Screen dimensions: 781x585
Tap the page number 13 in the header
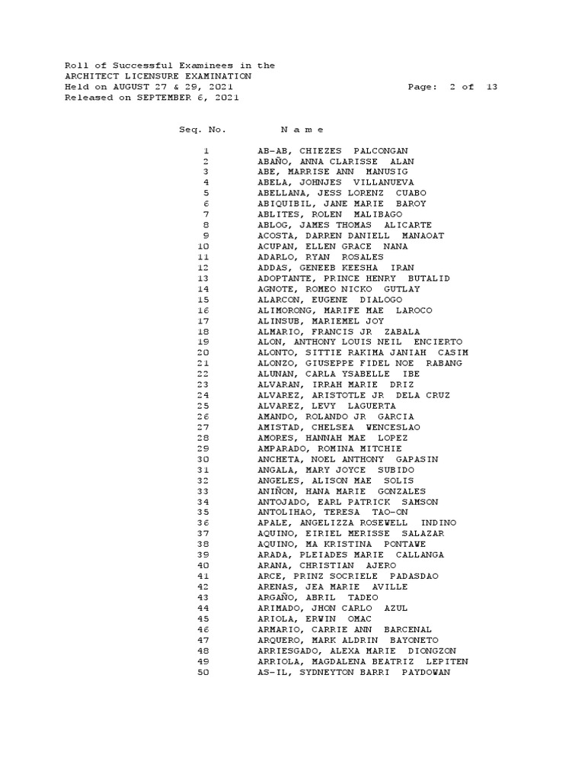pyautogui.click(x=491, y=87)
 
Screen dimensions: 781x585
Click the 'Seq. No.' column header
pyautogui.click(x=203, y=130)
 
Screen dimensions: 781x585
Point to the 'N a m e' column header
pyautogui.click(x=302, y=130)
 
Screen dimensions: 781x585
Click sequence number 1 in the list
pyautogui.click(x=206, y=151)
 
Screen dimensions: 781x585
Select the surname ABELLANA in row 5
pyautogui.click(x=281, y=194)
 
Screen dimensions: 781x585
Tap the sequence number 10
pyautogui.click(x=203, y=247)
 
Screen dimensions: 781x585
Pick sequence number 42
pyautogui.click(x=203, y=587)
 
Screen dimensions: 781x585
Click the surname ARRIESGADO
pyautogui.click(x=287, y=651)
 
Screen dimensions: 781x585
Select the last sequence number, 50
pyautogui.click(x=203, y=673)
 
